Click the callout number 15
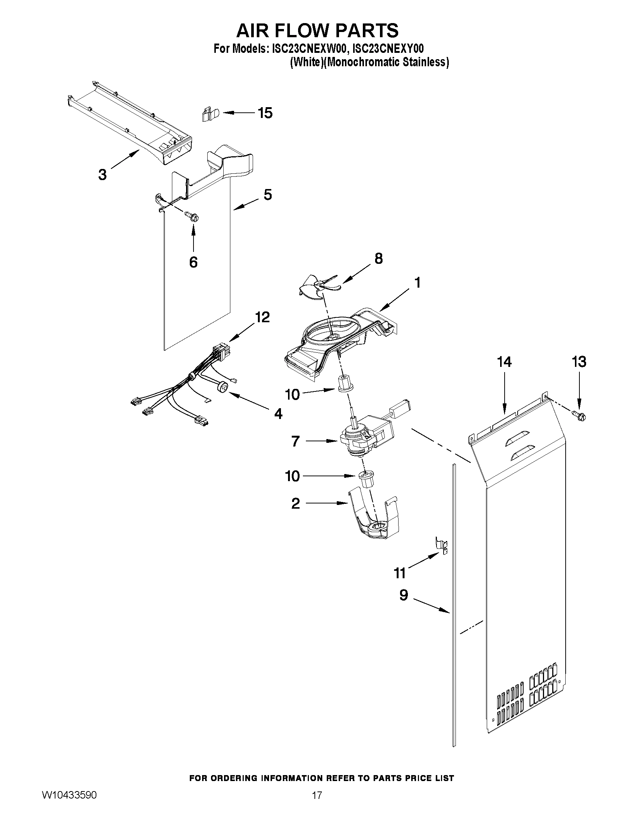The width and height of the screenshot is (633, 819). pyautogui.click(x=265, y=113)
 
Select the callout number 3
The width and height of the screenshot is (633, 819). pyautogui.click(x=102, y=175)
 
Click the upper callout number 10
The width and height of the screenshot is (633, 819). pyautogui.click(x=292, y=394)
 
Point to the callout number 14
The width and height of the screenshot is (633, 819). pyautogui.click(x=504, y=362)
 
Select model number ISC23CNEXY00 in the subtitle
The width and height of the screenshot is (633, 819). pyautogui.click(x=388, y=49)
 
